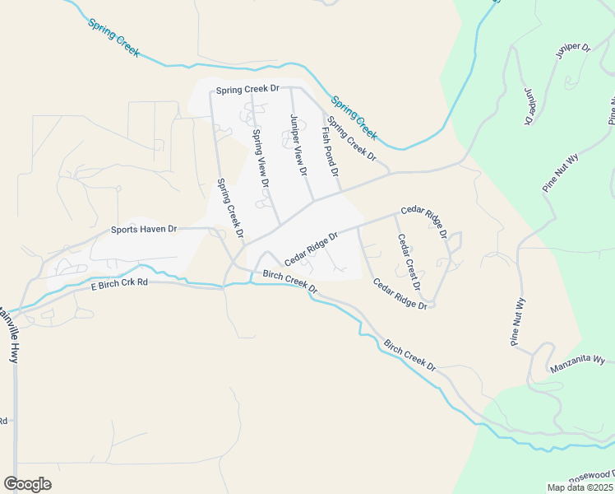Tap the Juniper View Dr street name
pos(298,146)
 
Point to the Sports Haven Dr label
pos(144,231)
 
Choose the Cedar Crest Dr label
pos(409,263)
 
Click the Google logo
pos(27,484)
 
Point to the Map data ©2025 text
pos(580,487)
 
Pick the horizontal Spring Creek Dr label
pos(247,88)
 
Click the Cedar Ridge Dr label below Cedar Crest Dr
pos(400,294)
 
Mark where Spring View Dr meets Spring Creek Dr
pos(251,90)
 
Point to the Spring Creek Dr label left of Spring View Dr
pos(230,208)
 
